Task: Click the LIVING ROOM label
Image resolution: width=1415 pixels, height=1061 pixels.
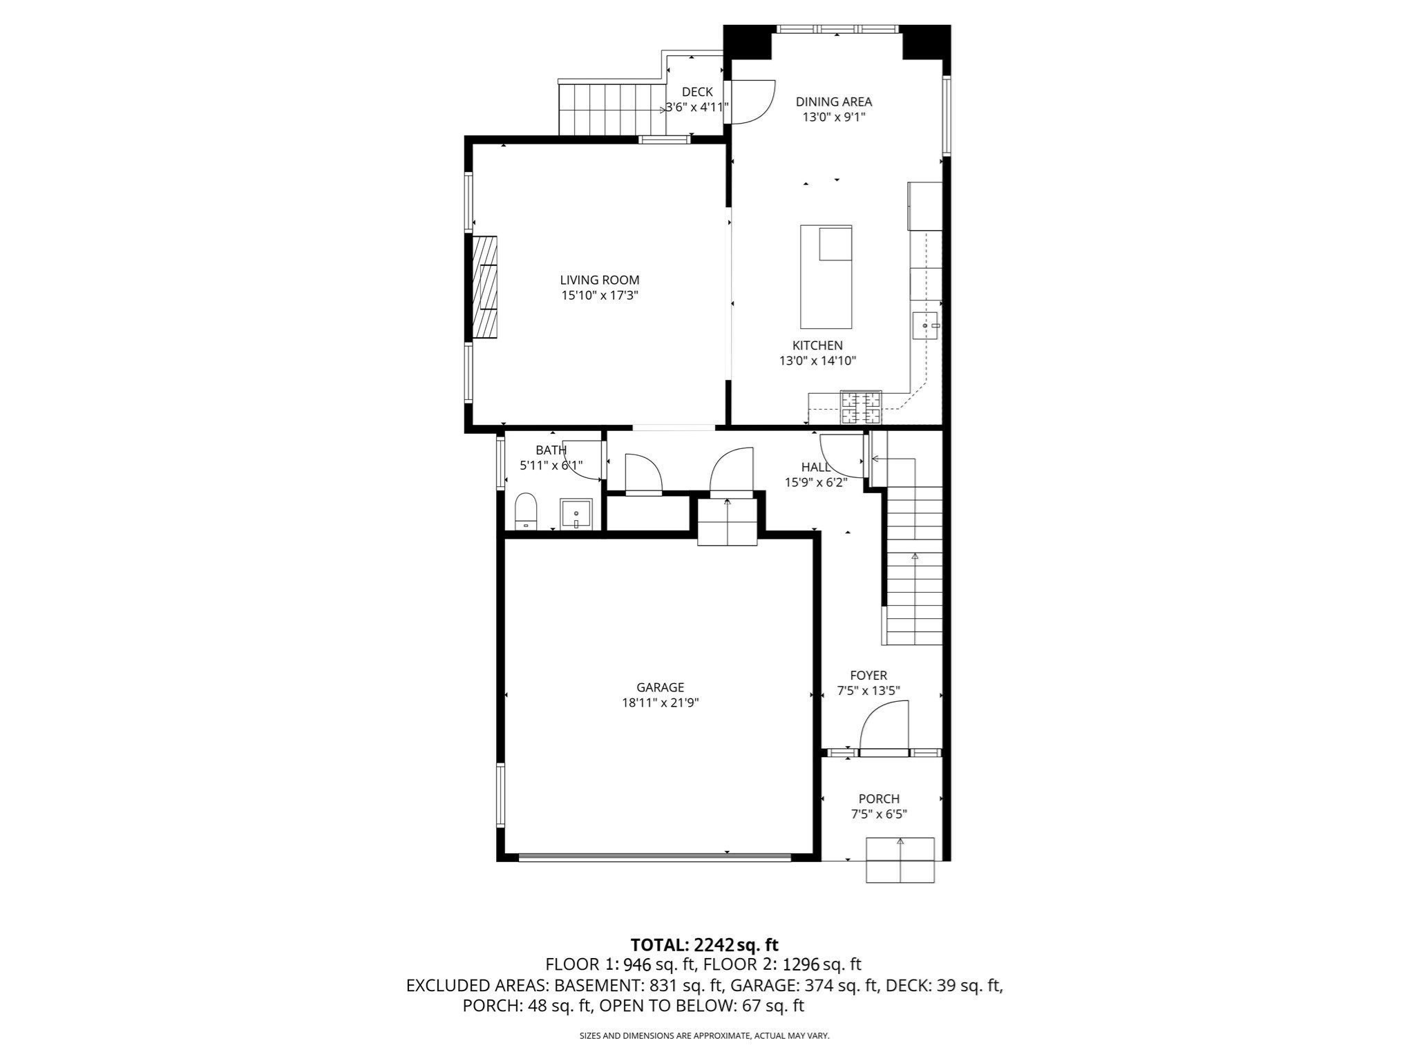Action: point(599,280)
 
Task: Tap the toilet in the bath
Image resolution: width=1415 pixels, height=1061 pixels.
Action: point(526,510)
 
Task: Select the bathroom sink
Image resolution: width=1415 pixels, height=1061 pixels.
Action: point(576,514)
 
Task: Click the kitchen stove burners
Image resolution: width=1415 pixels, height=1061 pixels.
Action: point(860,407)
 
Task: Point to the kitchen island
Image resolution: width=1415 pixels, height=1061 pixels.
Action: point(826,276)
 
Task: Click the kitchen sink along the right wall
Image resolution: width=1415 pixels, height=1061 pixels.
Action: point(925,325)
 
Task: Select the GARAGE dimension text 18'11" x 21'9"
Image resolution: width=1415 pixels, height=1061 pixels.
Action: point(660,702)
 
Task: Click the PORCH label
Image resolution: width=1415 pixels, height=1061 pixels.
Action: point(878,799)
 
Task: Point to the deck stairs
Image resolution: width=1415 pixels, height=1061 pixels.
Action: point(611,109)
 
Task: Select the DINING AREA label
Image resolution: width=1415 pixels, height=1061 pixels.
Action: point(833,102)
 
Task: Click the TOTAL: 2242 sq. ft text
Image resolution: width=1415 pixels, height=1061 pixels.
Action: point(704,944)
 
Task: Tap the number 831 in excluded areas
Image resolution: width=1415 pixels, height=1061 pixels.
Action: point(663,985)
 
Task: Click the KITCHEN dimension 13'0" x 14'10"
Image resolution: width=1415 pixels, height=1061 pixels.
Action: point(817,360)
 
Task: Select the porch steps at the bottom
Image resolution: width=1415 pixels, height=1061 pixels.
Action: point(900,859)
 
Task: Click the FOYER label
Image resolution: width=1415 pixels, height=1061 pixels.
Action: point(868,675)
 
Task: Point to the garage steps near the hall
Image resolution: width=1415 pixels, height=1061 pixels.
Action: point(727,522)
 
